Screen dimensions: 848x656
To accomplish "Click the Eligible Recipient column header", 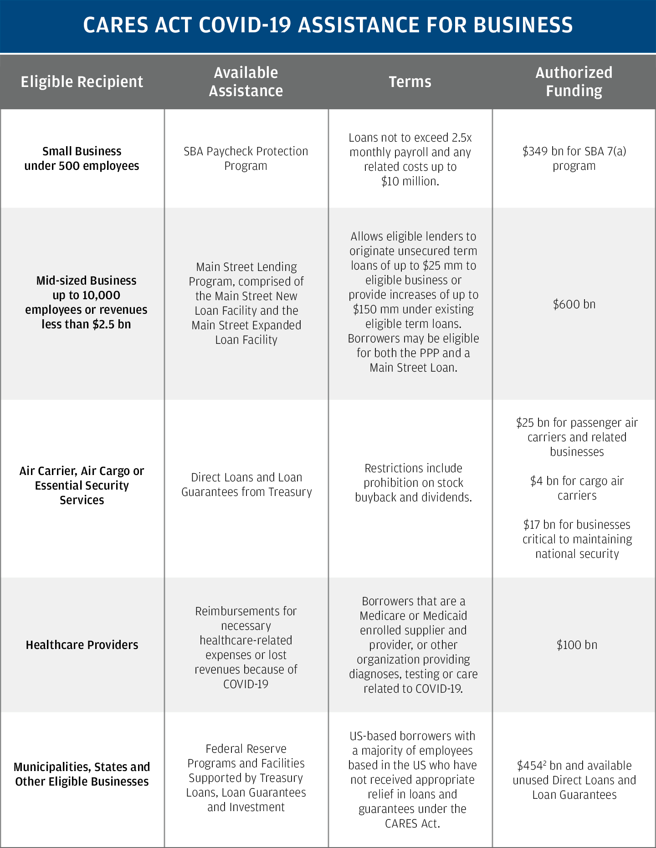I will pyautogui.click(x=82, y=82).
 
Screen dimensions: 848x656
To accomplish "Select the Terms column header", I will pyautogui.click(x=410, y=82).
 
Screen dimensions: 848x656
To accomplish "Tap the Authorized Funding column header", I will pyautogui.click(x=574, y=82).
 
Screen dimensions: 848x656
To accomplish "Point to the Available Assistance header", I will pyautogui.click(x=246, y=82).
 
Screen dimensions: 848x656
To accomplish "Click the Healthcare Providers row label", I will pyautogui.click(x=82, y=645).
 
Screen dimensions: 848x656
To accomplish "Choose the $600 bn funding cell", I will pyautogui.click(x=574, y=304).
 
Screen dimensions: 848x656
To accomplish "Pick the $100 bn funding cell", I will pyautogui.click(x=577, y=645).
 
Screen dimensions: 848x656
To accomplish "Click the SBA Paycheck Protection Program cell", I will pyautogui.click(x=246, y=158).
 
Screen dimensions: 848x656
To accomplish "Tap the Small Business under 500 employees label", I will pyautogui.click(x=82, y=158).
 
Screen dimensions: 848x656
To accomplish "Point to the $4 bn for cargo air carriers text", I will pyautogui.click(x=577, y=488).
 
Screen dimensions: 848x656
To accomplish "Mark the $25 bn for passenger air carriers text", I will pyautogui.click(x=577, y=437).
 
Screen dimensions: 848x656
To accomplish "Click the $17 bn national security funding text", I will pyautogui.click(x=577, y=539).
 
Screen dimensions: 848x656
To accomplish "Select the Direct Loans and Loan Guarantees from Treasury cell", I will pyautogui.click(x=246, y=485).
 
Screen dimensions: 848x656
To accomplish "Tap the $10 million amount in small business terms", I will pyautogui.click(x=410, y=181).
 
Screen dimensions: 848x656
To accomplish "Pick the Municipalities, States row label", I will pyautogui.click(x=82, y=774).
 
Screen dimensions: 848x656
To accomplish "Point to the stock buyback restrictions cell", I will pyautogui.click(x=413, y=483).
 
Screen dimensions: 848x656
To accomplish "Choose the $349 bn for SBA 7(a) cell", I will pyautogui.click(x=574, y=158).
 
